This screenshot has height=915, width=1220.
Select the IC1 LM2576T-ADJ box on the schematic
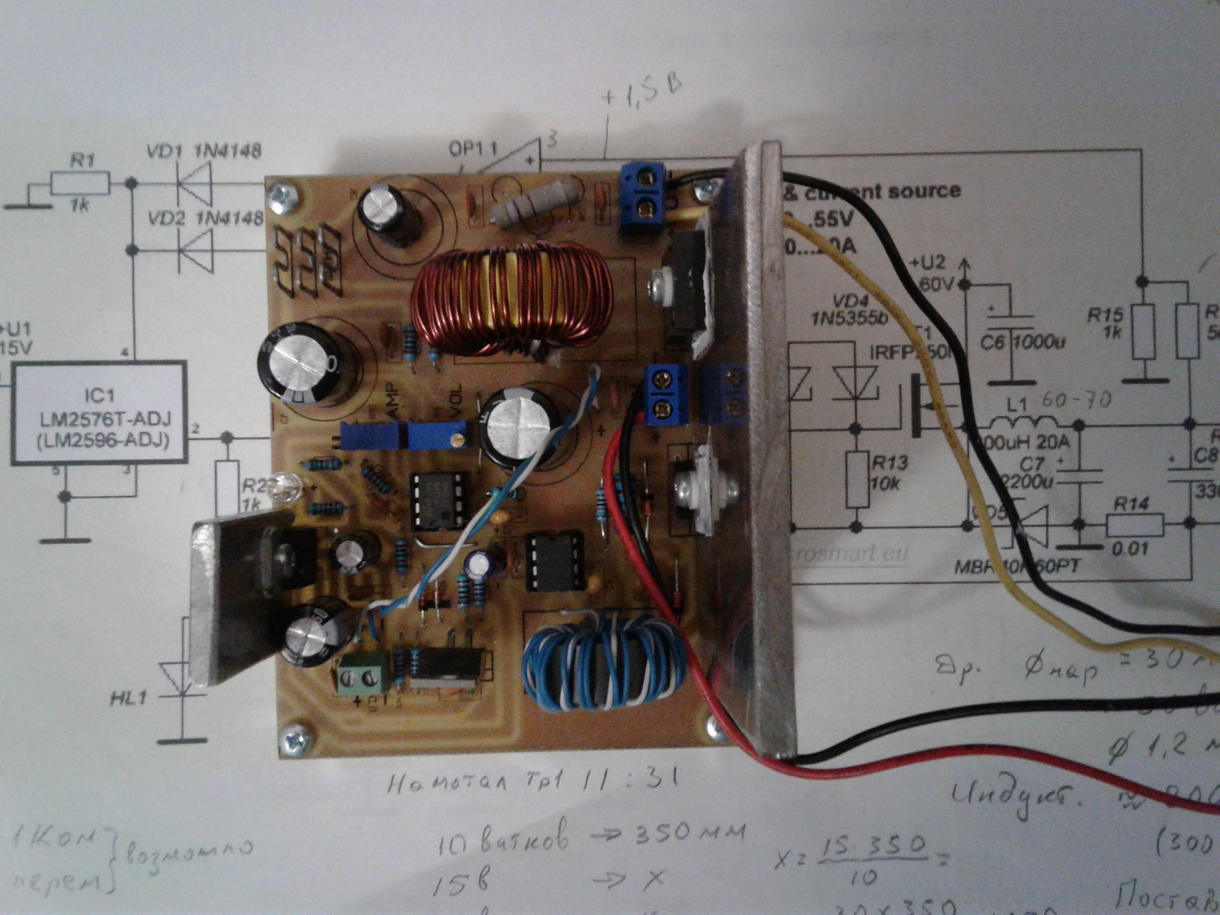click(99, 413)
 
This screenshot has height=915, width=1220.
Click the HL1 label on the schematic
click(128, 698)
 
